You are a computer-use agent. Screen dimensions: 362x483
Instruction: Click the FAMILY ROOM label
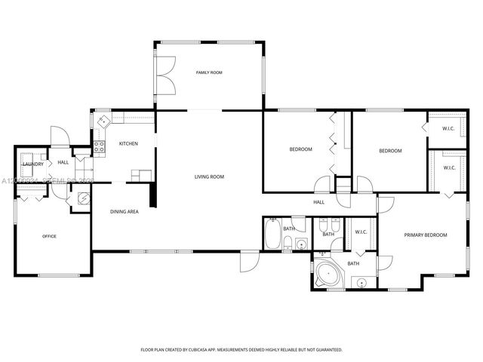point(209,72)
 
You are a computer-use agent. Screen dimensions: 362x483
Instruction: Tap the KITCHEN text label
point(128,143)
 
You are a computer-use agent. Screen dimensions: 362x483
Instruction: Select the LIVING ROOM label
point(209,176)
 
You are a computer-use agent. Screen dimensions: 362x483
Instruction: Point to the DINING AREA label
point(125,212)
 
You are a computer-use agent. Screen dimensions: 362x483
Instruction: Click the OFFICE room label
point(49,236)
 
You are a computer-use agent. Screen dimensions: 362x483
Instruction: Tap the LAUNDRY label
point(32,164)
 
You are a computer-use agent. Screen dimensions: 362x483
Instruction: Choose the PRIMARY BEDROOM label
point(425,235)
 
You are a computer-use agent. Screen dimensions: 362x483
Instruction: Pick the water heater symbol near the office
point(82,198)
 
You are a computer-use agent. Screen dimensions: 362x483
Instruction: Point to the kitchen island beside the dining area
point(140,175)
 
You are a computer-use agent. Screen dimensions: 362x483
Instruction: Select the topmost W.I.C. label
point(448,128)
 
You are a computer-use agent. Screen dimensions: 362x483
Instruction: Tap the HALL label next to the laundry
point(63,162)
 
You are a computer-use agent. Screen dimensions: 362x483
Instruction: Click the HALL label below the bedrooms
point(318,202)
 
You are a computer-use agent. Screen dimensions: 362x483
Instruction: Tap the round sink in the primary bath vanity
point(361,283)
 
